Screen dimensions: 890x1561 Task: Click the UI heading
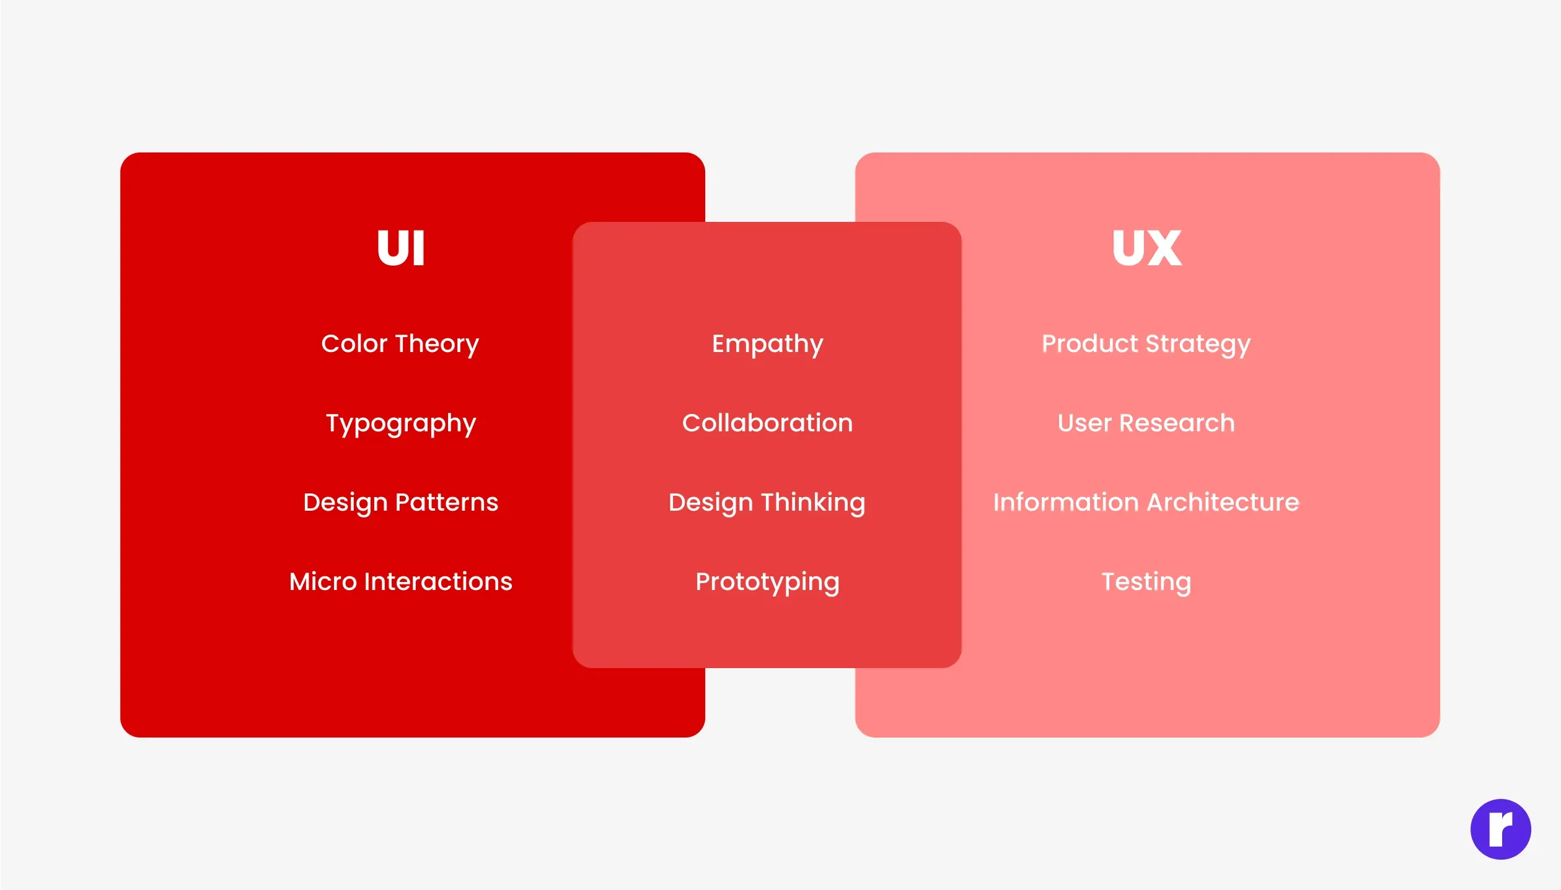[401, 248]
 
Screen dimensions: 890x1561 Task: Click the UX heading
[1146, 248]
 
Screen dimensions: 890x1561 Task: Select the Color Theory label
[400, 344]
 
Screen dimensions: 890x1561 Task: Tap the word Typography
[401, 424]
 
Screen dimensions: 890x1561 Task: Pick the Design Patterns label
[401, 503]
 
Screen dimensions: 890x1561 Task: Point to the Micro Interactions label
[401, 582]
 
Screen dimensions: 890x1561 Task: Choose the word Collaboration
[767, 423]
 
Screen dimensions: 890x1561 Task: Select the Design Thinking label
[767, 503]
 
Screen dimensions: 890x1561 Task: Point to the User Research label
[1146, 423]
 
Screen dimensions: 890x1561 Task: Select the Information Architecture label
[1146, 503]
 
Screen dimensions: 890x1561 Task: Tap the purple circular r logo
[1500, 829]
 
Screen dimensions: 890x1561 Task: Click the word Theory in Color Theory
[438, 344]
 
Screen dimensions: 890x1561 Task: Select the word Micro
[323, 582]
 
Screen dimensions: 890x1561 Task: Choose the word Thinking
[813, 503]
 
